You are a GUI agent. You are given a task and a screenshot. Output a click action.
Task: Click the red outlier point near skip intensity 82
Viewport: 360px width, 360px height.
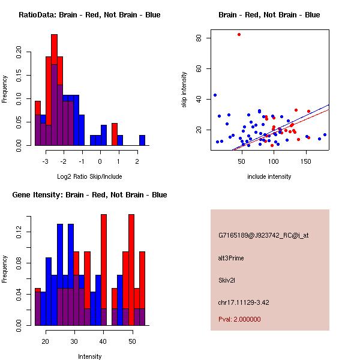click(239, 34)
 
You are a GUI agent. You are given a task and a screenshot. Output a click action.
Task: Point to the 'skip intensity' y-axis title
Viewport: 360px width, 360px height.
click(184, 90)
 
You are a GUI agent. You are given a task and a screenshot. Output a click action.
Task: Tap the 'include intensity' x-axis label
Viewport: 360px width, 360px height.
click(269, 176)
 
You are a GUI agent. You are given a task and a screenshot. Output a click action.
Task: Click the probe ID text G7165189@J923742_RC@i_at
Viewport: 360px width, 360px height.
click(263, 236)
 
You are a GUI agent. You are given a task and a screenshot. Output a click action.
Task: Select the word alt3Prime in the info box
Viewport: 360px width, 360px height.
click(231, 258)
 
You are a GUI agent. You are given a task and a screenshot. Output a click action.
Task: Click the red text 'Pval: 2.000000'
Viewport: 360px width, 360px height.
click(239, 319)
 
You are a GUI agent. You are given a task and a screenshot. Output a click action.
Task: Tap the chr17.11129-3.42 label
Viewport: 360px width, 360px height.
click(243, 302)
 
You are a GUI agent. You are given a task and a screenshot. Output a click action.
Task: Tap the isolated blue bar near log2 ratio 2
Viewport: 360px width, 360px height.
click(142, 140)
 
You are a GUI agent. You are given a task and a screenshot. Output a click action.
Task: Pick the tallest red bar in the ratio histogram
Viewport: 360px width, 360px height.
click(55, 90)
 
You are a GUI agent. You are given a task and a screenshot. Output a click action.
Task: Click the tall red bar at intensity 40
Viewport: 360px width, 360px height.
click(104, 270)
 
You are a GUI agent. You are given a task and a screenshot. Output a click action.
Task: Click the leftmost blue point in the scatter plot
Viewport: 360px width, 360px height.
click(215, 95)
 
